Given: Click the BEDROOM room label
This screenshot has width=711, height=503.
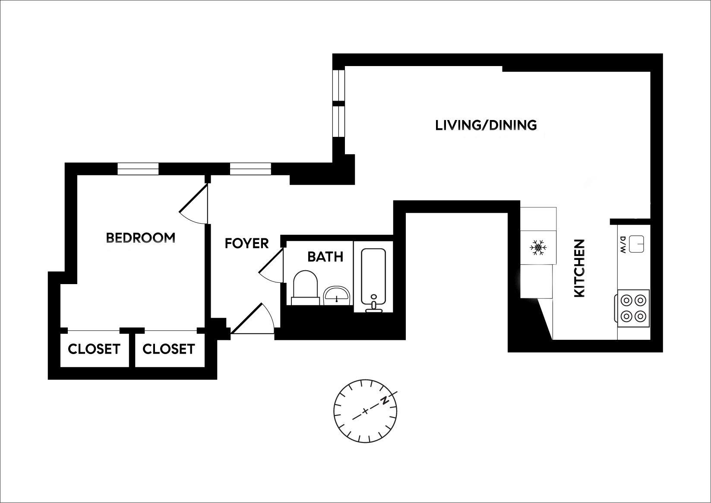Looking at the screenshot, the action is click(140, 237).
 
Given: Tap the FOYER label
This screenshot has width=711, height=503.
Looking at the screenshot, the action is click(246, 244).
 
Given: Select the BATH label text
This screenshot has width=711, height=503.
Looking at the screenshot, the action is click(325, 257).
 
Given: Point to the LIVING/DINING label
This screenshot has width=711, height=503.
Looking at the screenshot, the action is click(486, 125).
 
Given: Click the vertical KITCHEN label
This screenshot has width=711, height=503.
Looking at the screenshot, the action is click(579, 268).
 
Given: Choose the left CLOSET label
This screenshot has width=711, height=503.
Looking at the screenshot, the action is click(94, 349).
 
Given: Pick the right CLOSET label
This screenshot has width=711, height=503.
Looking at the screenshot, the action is click(168, 349).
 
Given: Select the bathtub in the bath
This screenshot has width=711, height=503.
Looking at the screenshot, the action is click(373, 278).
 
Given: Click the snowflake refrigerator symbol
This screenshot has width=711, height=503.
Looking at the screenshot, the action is click(538, 248).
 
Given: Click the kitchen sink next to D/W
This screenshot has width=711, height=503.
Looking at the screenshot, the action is click(637, 244).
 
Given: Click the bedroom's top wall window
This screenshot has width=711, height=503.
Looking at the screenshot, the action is click(138, 168).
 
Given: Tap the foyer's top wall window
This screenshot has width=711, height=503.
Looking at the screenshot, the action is click(250, 168).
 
